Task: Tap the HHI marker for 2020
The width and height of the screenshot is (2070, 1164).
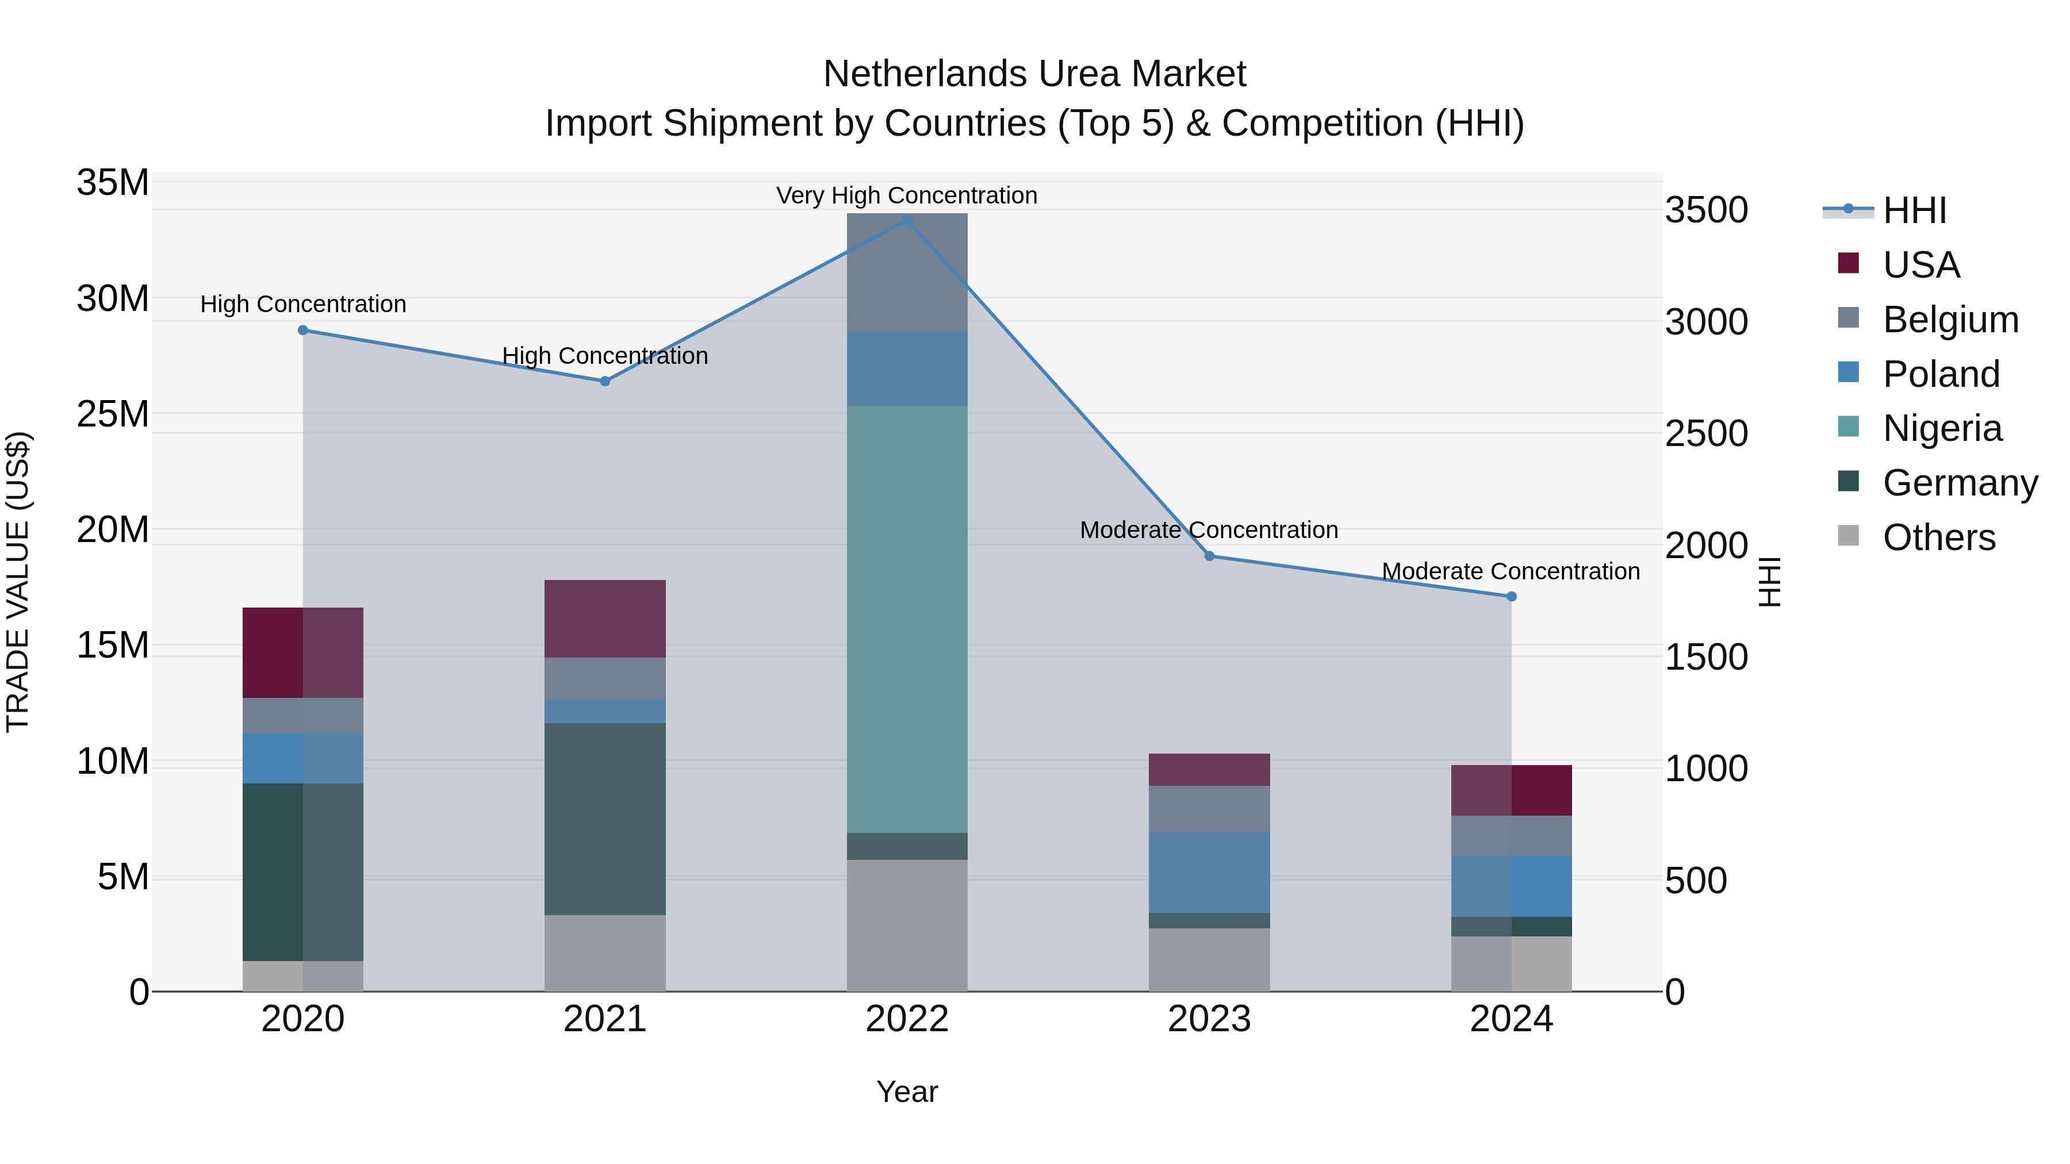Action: [303, 330]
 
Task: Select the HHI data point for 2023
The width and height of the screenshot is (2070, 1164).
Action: [1209, 556]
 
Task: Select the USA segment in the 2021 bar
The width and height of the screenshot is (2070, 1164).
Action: [604, 619]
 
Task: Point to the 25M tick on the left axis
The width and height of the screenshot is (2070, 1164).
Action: [113, 414]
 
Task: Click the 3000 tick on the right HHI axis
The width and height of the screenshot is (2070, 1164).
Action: [1706, 322]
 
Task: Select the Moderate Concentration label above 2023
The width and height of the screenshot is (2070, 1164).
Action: [1209, 530]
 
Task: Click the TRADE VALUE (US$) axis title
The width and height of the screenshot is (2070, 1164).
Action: [18, 582]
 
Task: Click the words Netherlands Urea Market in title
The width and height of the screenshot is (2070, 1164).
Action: [1034, 74]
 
